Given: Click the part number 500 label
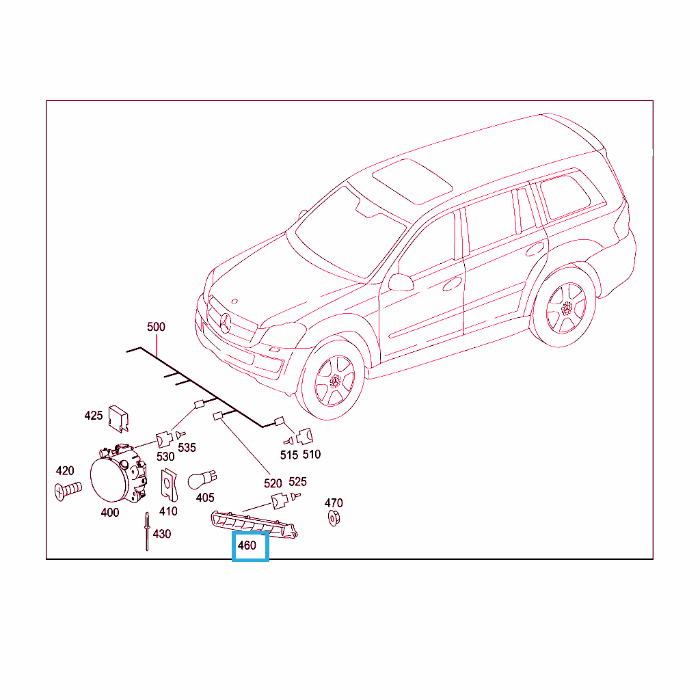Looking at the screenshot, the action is (156, 327).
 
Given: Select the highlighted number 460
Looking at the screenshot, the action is (247, 546).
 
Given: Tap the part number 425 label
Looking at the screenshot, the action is (93, 416).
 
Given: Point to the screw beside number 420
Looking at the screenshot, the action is (68, 491).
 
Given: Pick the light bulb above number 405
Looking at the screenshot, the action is (202, 480).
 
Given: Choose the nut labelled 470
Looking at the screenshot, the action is (334, 518).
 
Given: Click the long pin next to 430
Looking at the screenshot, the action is (147, 531).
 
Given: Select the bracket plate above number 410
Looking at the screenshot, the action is (170, 485).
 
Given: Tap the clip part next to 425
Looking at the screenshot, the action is (118, 419).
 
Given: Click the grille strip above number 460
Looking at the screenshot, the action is (254, 526).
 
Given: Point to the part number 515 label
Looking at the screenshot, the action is (289, 455).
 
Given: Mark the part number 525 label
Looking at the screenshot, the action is (298, 482).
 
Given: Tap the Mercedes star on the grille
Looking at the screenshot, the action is (225, 323).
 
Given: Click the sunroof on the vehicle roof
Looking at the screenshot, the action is (412, 181).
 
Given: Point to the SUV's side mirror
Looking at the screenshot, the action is (401, 282).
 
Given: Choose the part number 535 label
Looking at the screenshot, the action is (187, 448).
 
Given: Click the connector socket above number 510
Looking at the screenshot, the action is (304, 436).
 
